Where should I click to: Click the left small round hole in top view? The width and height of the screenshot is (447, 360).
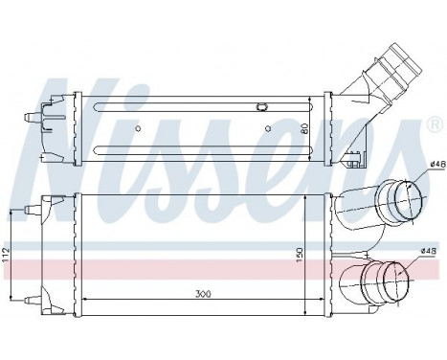point(140,127)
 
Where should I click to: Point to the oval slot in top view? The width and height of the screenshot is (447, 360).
point(261,105)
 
